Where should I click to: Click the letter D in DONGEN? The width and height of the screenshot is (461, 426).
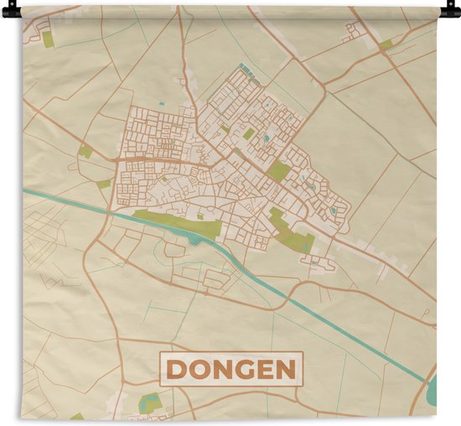click(x=179, y=370)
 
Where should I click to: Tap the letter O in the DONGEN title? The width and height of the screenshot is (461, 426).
click(x=201, y=370)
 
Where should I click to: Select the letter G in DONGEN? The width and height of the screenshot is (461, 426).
click(x=247, y=370)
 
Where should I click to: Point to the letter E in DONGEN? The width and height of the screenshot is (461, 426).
click(x=267, y=370)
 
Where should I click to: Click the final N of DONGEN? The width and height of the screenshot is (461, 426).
click(x=287, y=370)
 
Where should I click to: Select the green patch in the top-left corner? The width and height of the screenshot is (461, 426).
click(x=48, y=39)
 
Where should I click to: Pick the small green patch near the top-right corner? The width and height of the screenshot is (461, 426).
click(x=385, y=44)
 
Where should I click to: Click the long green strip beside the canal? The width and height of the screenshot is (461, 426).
click(x=176, y=221)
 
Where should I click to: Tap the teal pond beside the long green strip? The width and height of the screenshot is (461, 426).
click(x=194, y=240)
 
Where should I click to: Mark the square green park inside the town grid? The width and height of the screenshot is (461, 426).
click(x=279, y=172)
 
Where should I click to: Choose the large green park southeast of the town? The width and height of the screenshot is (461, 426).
click(x=290, y=233)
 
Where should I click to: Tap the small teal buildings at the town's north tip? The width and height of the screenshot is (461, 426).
click(x=244, y=67)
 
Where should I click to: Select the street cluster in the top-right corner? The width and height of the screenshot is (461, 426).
click(x=353, y=32)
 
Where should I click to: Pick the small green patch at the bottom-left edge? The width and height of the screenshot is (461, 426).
click(x=76, y=416)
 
